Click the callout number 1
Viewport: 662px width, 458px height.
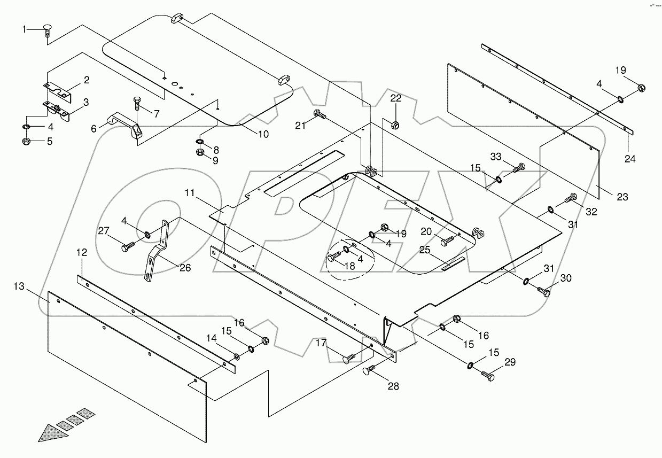24,29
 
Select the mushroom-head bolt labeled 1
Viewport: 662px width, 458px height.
46,31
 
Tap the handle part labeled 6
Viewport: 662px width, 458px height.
125,126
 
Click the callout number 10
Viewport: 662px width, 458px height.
263,134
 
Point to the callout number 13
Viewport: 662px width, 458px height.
19,287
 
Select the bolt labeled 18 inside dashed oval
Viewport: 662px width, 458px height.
333,258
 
